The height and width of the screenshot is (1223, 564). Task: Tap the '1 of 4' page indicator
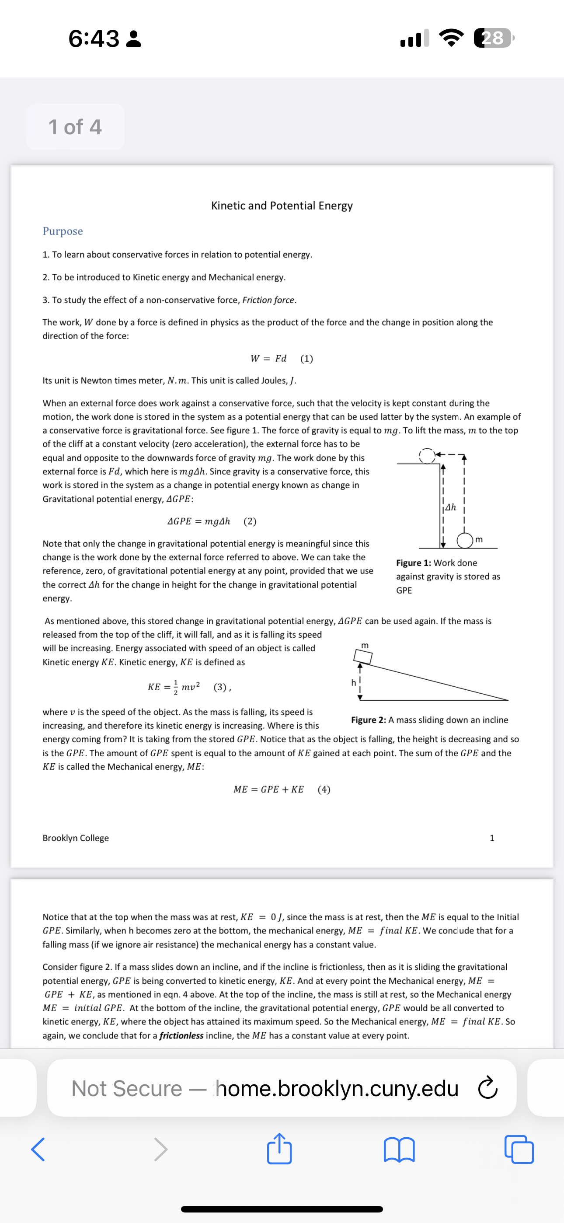[75, 127]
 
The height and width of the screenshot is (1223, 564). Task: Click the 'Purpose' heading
[63, 231]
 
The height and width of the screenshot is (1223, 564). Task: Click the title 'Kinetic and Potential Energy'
[282, 206]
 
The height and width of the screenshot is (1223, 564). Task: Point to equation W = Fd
[269, 358]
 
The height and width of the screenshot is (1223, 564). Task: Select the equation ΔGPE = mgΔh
[199, 521]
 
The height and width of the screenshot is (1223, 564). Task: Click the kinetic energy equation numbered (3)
[174, 687]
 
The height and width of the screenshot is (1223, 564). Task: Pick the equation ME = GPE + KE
[269, 790]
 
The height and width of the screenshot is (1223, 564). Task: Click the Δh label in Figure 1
[450, 507]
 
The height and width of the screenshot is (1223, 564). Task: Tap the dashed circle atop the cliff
[427, 455]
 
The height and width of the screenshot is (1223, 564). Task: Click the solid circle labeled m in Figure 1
[464, 540]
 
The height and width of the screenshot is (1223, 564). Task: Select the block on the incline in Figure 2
[363, 657]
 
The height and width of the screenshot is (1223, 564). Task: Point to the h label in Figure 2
[353, 683]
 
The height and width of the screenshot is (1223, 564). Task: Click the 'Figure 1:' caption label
[414, 563]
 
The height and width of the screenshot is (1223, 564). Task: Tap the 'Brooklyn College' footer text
[76, 839]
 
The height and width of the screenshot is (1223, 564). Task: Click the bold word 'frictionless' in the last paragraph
[181, 1035]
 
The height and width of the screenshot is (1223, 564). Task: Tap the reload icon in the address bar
[487, 1088]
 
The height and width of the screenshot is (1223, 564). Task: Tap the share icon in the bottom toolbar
[279, 1149]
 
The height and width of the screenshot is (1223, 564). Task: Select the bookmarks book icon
[399, 1150]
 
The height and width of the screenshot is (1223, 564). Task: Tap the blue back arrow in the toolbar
[38, 1150]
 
